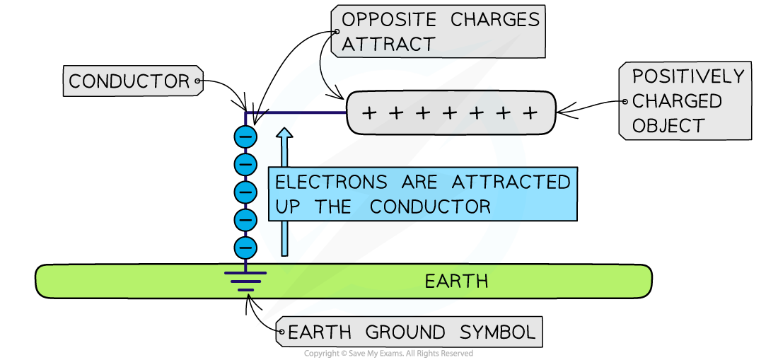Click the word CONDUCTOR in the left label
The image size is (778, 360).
(x=129, y=81)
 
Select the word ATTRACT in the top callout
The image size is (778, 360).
(x=388, y=45)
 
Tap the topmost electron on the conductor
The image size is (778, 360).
(x=245, y=137)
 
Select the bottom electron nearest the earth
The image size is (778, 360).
(x=245, y=247)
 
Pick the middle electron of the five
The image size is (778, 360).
(x=245, y=192)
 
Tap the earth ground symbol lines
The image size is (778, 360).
(x=245, y=280)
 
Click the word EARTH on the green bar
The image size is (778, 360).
(x=456, y=281)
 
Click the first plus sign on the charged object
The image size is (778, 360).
(x=368, y=113)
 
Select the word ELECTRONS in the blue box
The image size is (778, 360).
(x=331, y=182)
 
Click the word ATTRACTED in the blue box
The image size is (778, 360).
(x=511, y=182)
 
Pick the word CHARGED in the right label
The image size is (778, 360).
(x=677, y=101)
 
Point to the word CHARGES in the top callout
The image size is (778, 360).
(x=495, y=20)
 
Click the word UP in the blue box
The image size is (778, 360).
(x=288, y=207)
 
